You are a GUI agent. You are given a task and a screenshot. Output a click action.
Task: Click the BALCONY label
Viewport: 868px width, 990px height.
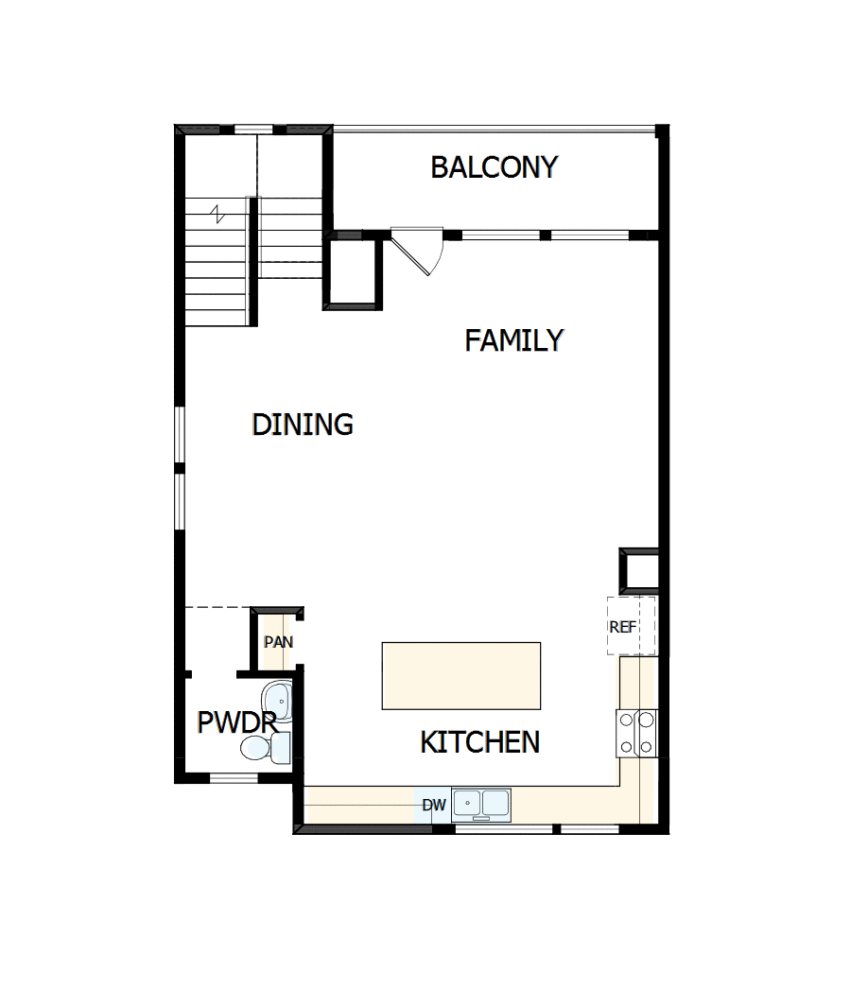494,167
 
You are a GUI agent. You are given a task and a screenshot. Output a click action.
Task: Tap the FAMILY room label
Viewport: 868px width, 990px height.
513,340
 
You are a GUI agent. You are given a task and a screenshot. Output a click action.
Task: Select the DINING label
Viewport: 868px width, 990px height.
303,425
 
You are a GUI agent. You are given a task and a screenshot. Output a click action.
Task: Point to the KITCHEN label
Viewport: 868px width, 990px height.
479,742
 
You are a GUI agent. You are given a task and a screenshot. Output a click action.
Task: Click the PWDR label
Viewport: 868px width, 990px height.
235,723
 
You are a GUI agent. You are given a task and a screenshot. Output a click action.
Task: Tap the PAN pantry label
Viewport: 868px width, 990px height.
278,642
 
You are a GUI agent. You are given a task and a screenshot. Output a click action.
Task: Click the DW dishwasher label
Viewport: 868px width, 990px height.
434,806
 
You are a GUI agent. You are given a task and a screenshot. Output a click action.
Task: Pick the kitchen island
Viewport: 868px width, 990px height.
461,675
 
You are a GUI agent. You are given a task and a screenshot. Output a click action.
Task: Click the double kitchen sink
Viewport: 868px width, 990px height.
481,804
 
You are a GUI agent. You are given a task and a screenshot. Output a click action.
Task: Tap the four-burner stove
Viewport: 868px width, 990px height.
636,733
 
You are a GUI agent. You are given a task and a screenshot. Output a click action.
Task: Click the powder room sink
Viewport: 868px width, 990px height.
277,699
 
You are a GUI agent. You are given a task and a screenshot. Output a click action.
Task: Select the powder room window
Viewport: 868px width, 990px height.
234,778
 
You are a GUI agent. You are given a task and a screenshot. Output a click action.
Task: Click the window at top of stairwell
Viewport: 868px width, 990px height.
253,130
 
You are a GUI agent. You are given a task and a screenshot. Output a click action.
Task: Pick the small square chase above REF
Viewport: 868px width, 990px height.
638,571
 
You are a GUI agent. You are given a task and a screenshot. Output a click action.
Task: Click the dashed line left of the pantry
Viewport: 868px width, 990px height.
217,607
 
